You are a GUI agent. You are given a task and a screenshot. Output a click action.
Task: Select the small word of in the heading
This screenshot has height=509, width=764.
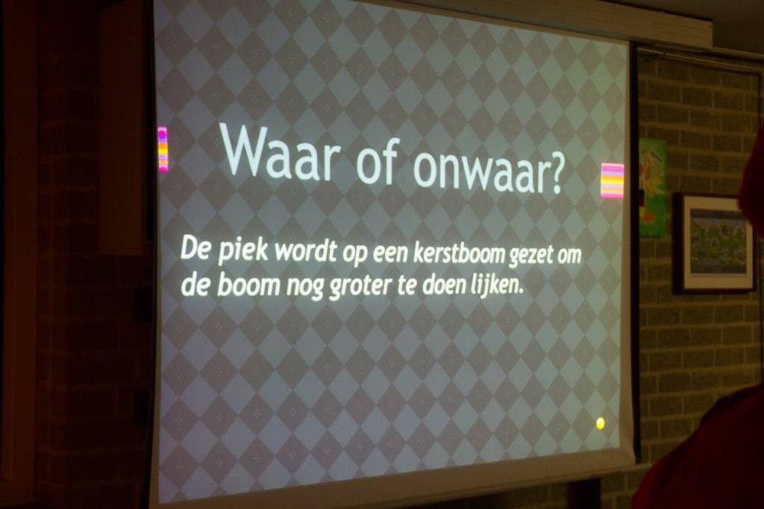(x=377, y=160)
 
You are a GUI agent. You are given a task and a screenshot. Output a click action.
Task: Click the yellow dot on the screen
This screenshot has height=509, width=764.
(x=601, y=423)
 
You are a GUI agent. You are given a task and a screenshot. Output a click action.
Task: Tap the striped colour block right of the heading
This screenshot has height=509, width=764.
(x=612, y=180)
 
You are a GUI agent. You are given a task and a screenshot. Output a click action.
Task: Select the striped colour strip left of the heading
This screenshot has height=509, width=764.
(x=163, y=149)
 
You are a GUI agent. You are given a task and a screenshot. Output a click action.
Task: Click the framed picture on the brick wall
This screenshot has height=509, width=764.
(x=714, y=243)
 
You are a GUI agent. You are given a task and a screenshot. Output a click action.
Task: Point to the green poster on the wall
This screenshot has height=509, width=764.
(x=652, y=187)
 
